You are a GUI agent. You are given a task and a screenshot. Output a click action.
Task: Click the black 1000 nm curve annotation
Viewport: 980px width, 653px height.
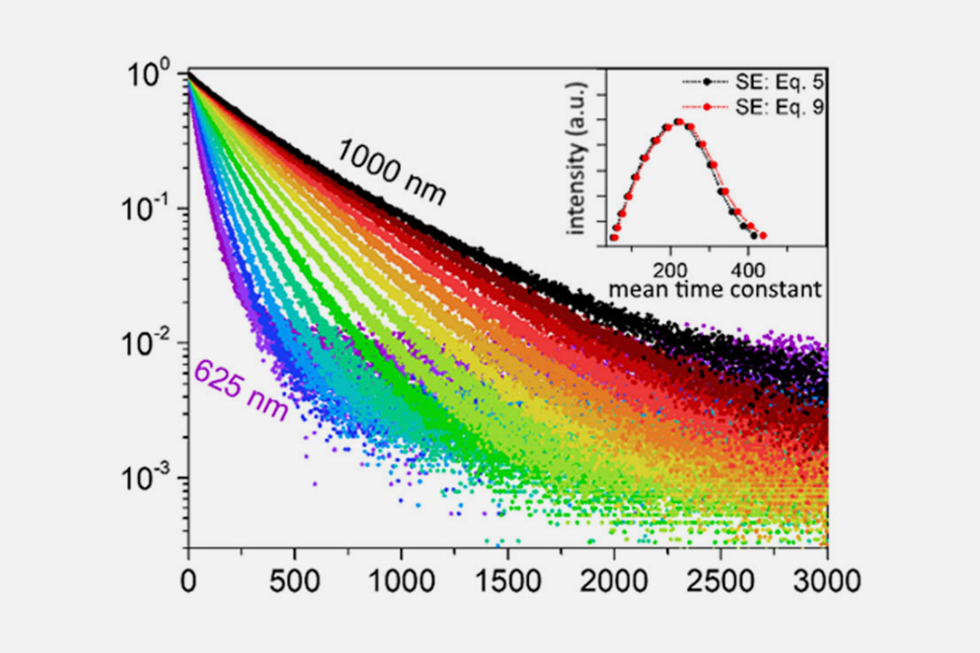click(x=391, y=173)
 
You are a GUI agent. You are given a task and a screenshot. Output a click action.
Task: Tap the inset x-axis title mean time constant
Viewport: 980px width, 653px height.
click(x=716, y=290)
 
